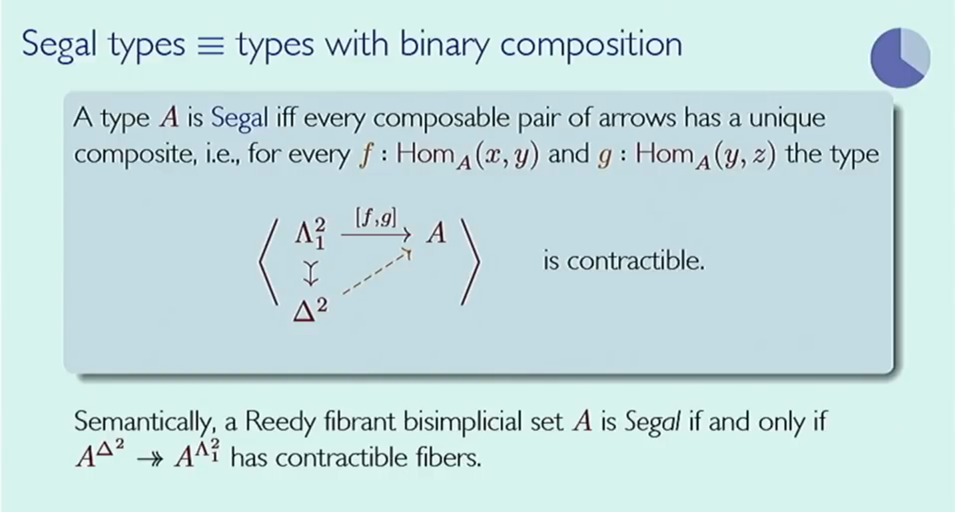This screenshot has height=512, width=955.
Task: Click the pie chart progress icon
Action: point(900,57)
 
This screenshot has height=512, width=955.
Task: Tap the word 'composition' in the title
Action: point(591,45)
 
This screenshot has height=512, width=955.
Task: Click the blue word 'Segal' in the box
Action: point(240,118)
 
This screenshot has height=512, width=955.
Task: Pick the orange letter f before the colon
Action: point(364,155)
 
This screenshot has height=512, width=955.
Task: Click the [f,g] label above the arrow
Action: point(375,217)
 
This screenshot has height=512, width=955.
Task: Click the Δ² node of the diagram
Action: point(310,310)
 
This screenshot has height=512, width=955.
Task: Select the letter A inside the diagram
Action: point(436,233)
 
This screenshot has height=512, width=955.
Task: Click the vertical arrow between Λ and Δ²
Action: point(311,273)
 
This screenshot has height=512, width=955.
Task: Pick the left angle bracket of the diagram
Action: point(268,262)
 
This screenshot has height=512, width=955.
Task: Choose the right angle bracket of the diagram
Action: point(471,262)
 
